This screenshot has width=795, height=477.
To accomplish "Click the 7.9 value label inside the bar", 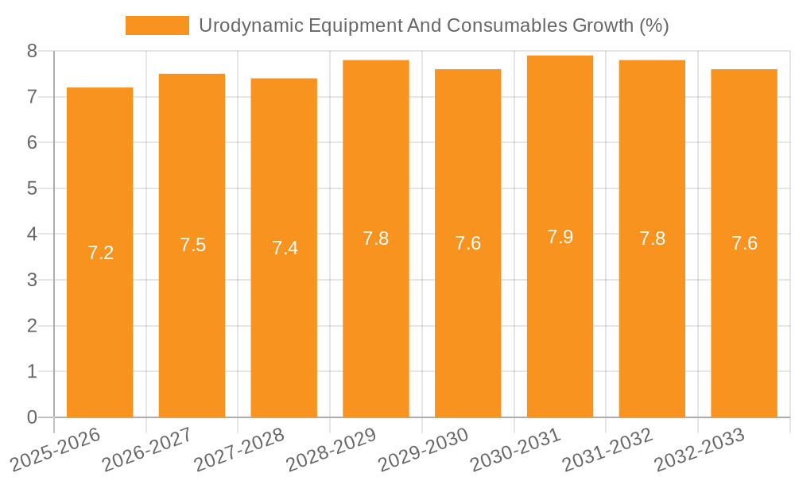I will point(560,237).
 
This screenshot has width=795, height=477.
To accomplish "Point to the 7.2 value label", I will point(100,253).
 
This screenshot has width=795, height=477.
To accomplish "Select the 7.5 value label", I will point(192,245).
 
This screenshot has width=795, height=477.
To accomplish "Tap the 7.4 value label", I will point(285,248).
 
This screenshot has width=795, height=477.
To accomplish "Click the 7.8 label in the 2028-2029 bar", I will point(375,238).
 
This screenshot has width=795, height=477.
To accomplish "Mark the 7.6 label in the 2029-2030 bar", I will point(467,243).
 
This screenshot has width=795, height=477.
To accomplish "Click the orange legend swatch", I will point(157,25).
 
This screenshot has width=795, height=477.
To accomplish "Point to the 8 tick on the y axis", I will point(32,51).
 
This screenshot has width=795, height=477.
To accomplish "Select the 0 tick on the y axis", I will point(32,417).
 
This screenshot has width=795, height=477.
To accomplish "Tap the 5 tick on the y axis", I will point(32,188).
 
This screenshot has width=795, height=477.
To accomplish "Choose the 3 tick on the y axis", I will point(32,280).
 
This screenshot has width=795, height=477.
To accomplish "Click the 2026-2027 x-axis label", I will point(147,448).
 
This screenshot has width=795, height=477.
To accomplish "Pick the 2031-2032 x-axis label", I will point(607,448).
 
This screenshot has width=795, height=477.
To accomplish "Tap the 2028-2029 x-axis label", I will point(331,448).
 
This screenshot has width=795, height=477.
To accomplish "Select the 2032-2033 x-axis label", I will point(700,448).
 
